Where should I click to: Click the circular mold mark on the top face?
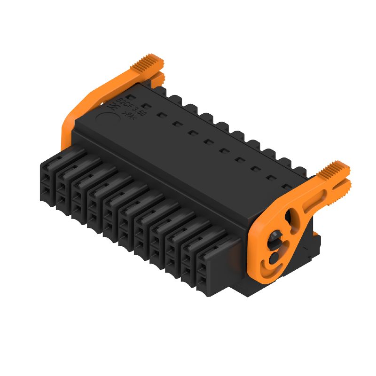[107, 118]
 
